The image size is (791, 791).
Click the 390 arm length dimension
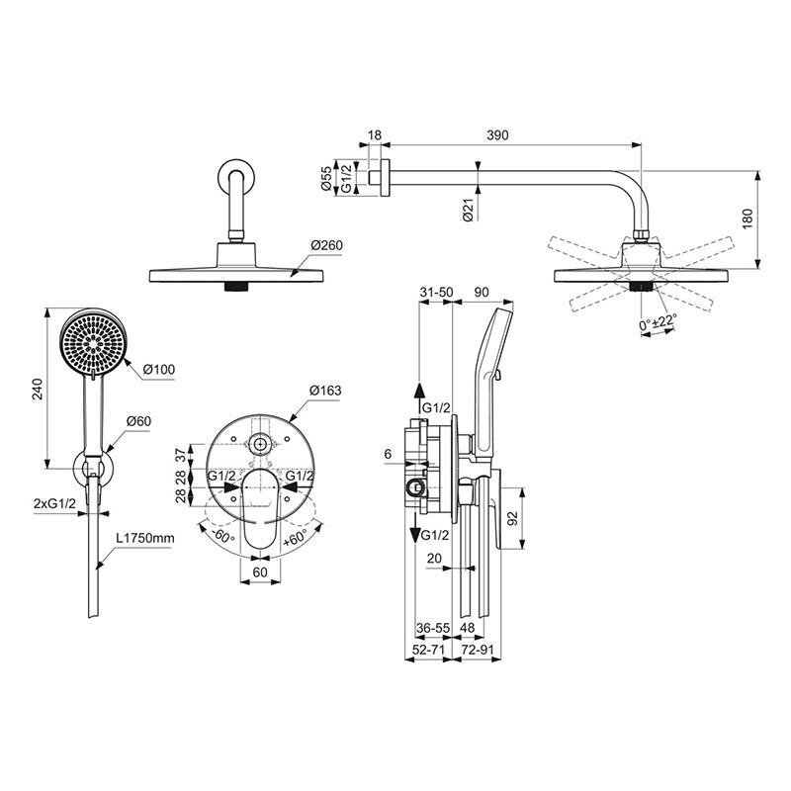coord(497,135)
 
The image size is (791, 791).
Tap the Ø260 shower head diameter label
coord(327,245)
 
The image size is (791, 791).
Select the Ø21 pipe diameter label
coord(468,210)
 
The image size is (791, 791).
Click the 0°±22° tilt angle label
coord(658,322)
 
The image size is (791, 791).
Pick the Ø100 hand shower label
coord(159,369)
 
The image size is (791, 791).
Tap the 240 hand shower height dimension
coord(38,389)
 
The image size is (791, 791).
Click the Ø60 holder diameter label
coord(138,421)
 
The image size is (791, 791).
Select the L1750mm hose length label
coord(145,538)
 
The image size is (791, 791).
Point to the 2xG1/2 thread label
coord(54,503)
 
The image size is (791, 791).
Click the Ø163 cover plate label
coord(325,391)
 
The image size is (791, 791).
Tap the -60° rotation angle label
coord(223,535)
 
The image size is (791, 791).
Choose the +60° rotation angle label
coord(295,539)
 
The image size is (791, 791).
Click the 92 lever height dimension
coord(512,518)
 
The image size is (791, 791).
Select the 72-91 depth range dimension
coord(478,650)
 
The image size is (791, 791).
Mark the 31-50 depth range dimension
coord(436,292)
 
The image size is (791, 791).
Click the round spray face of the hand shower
coord(92,342)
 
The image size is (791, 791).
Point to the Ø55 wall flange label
coord(326,179)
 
